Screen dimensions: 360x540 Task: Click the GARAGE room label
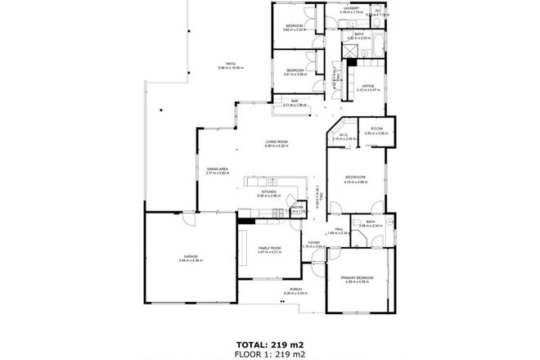190,256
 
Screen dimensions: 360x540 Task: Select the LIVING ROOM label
276,142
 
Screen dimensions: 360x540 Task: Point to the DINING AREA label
217,169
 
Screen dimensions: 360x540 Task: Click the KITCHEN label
269,191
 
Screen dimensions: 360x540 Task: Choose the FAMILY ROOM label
269,248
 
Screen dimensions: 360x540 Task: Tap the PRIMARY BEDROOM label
357,277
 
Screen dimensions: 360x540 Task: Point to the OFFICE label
368,85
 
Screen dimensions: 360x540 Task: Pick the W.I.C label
344,135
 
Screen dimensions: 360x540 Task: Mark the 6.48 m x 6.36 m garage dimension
190,261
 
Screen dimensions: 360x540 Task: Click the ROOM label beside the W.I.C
376,128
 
